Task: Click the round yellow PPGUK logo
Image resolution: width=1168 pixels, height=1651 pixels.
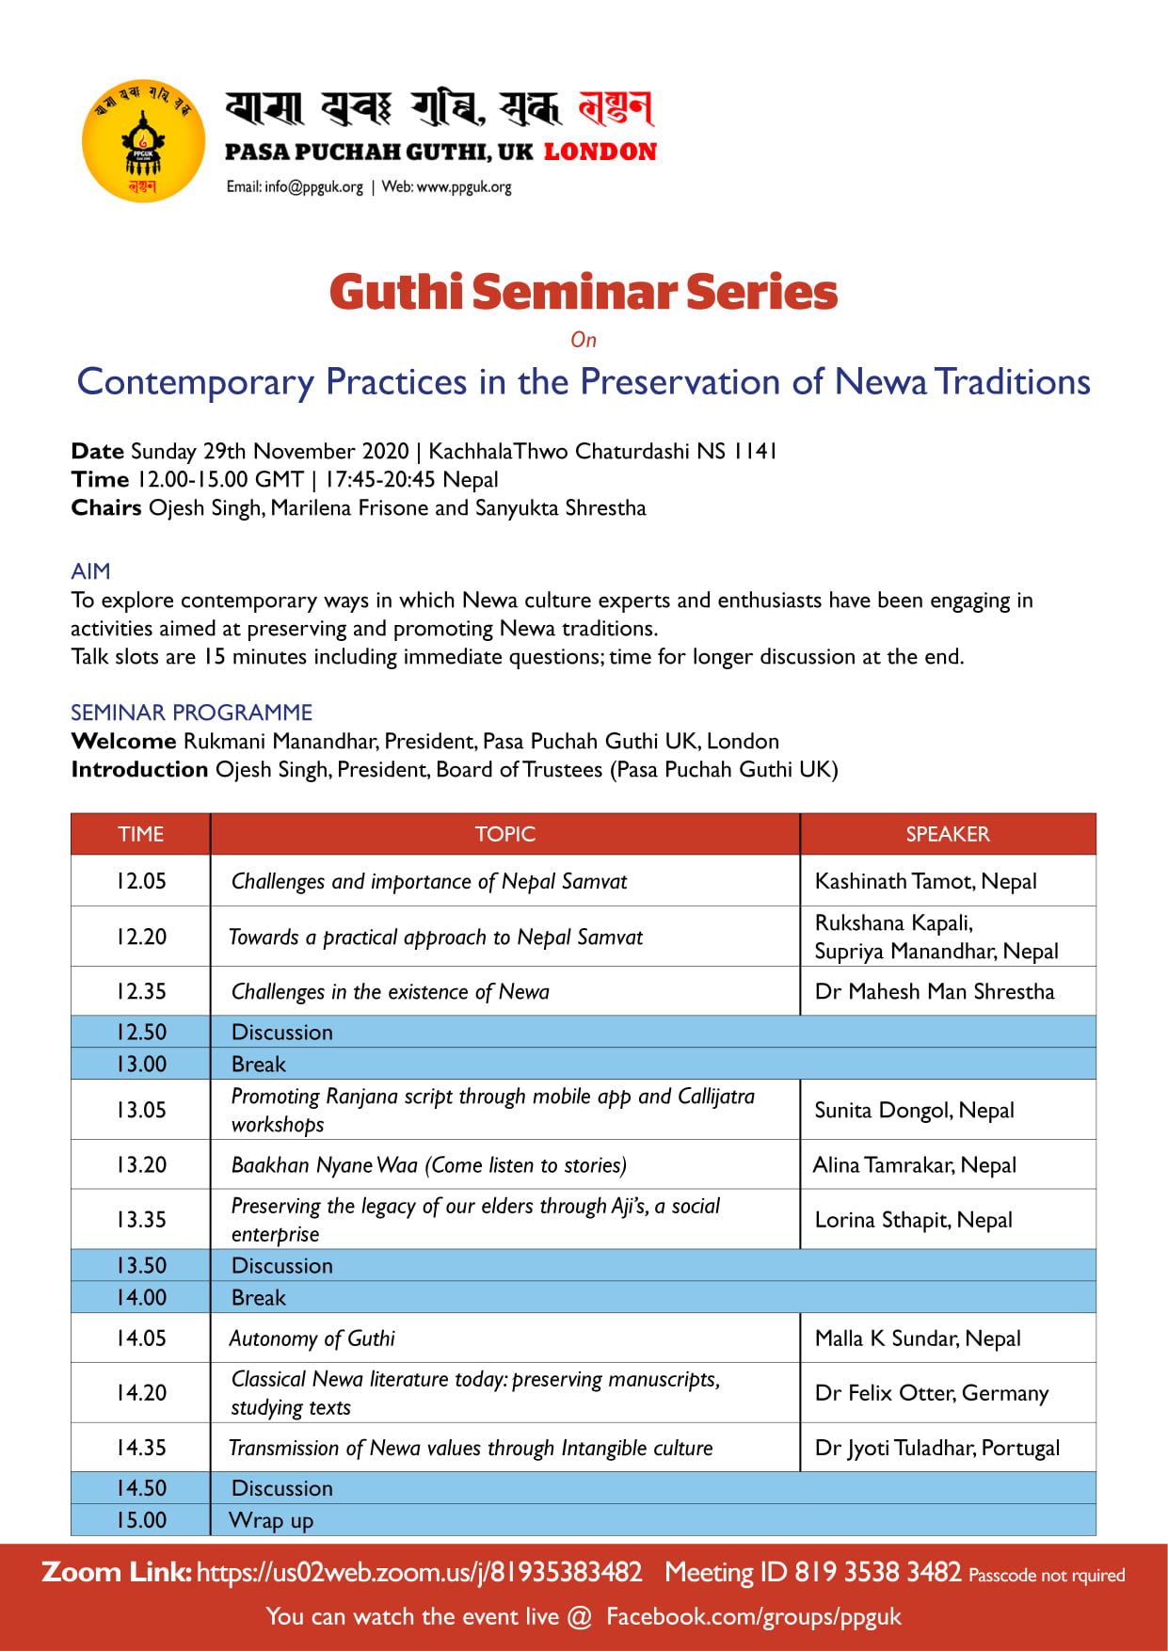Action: click(x=143, y=141)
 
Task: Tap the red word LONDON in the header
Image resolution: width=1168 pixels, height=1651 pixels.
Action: click(x=600, y=152)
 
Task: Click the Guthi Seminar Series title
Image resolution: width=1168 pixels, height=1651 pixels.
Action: click(x=584, y=292)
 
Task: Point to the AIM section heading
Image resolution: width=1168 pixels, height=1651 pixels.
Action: click(x=90, y=571)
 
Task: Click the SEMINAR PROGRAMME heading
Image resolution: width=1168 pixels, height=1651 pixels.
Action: click(x=191, y=713)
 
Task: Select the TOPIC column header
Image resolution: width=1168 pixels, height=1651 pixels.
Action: click(x=504, y=834)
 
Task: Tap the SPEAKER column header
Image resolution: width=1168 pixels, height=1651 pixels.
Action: click(x=947, y=834)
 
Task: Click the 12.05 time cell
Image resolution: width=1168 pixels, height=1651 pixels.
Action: click(x=141, y=881)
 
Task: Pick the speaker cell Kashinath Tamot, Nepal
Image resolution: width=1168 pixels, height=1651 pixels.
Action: click(x=925, y=881)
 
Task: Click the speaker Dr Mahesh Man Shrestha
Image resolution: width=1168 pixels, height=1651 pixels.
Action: click(x=934, y=991)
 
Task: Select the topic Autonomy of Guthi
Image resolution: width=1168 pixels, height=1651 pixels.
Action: click(x=312, y=1338)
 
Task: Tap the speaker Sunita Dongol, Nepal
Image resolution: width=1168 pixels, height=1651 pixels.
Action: click(x=914, y=1110)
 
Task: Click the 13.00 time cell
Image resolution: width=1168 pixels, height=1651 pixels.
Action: click(x=141, y=1064)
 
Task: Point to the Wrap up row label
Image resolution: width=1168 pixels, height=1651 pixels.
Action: click(x=271, y=1520)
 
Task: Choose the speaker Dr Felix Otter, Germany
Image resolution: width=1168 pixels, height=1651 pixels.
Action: click(x=931, y=1393)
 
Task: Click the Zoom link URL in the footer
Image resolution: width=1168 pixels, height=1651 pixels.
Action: click(x=419, y=1573)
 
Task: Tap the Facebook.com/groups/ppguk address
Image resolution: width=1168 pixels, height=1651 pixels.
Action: click(x=753, y=1617)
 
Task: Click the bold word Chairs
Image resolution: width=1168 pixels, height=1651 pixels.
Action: click(x=106, y=508)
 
